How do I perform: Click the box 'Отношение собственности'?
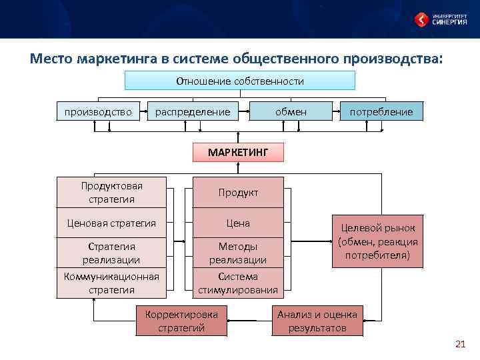[x=240, y=81]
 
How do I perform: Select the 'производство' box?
[x=98, y=111]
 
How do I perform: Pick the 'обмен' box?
[x=291, y=111]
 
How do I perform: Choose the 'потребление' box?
[x=381, y=111]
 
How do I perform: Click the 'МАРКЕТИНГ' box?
[x=238, y=152]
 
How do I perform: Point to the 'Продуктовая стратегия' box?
[x=112, y=192]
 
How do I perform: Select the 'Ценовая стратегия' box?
[x=112, y=223]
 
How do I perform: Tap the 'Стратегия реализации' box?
[x=112, y=253]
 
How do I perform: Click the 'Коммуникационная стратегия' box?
[x=112, y=283]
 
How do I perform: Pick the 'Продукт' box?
[x=238, y=192]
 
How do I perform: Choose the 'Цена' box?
[x=238, y=223]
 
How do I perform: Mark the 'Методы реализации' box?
[x=238, y=253]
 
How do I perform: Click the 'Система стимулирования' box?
[x=238, y=283]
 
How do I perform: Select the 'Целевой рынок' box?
[x=378, y=241]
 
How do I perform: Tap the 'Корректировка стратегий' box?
[x=181, y=321]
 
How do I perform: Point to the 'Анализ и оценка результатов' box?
[x=317, y=321]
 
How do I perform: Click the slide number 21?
[x=459, y=344]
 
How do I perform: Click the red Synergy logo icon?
[x=421, y=19]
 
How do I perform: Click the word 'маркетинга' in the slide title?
[x=117, y=59]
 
